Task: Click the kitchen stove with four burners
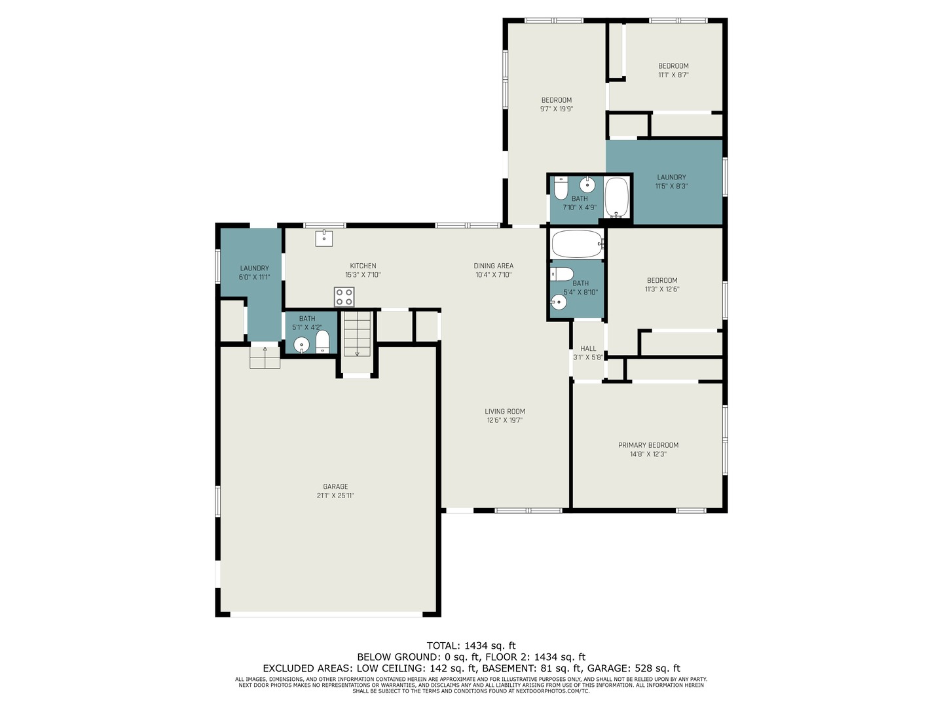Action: [344, 297]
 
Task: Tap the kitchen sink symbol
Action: [324, 238]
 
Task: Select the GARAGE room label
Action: [335, 486]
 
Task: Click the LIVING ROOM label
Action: [505, 411]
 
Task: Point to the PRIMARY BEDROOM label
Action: [648, 445]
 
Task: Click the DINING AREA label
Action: [493, 266]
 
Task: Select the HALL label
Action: [588, 348]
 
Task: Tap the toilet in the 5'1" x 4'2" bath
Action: [322, 342]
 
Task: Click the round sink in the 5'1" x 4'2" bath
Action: [302, 345]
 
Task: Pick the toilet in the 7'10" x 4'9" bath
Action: [561, 188]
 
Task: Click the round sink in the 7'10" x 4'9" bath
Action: [587, 185]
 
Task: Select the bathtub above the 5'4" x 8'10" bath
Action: [578, 244]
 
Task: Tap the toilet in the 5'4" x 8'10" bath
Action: [562, 274]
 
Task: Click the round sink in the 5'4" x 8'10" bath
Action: [559, 302]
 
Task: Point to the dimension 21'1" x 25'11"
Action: [335, 496]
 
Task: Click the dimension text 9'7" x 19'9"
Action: [557, 109]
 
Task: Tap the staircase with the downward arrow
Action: [357, 334]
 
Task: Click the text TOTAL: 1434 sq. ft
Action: [471, 645]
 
